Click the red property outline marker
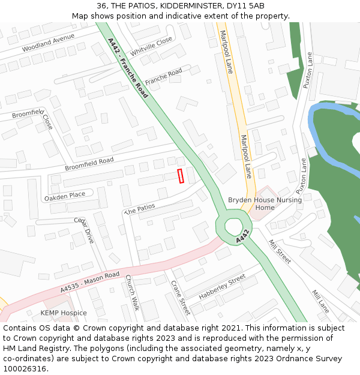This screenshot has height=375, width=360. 181,176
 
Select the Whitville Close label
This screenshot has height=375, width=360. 151,46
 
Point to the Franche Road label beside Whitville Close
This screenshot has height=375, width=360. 163,76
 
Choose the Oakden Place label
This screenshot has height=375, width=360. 65,196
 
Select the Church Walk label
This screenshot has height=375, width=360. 131,292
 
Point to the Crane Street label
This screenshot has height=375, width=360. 180,297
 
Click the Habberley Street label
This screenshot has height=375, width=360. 222,287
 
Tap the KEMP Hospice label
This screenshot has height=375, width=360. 64,313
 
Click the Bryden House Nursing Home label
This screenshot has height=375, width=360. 265,204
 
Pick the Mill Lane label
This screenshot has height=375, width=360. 320,301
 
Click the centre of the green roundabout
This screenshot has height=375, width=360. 233,226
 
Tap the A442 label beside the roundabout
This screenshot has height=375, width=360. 242,236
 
